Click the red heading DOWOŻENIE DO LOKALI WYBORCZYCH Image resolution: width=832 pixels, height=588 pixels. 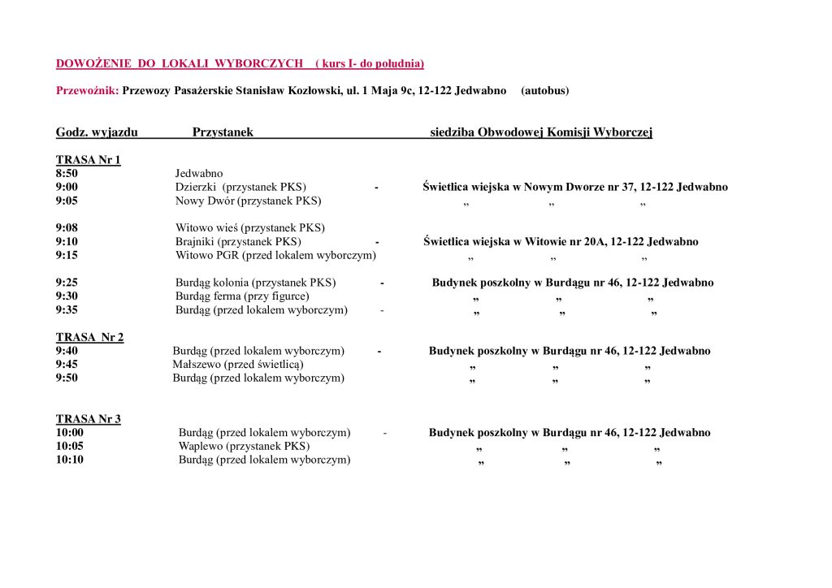tap(180, 63)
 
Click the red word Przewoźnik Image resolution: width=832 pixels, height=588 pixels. tap(86, 90)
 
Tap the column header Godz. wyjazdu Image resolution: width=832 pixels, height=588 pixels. tap(97, 132)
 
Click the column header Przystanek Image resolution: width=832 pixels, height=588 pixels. tap(223, 132)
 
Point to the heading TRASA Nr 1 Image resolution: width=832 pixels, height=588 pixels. tap(88, 160)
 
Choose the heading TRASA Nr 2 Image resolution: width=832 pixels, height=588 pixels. tap(89, 337)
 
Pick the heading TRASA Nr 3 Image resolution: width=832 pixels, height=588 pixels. tap(88, 419)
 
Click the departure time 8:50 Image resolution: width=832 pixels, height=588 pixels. tap(67, 173)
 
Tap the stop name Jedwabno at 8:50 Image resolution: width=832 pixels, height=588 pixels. tap(199, 173)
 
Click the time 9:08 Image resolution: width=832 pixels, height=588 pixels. tap(67, 228)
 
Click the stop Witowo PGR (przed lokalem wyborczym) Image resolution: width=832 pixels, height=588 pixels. tap(275, 255)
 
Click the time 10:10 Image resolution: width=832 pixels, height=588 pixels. tap(69, 460)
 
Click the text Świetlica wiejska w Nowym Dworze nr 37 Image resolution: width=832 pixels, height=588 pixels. tap(528, 187)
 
